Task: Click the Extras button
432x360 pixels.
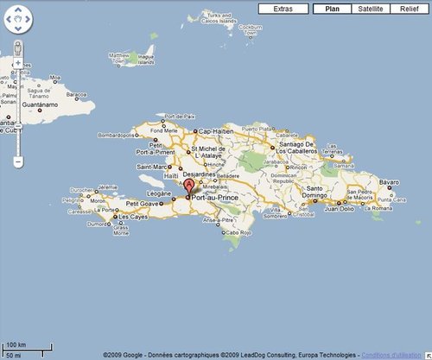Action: point(283,9)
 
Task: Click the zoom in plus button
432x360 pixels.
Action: point(18,65)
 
